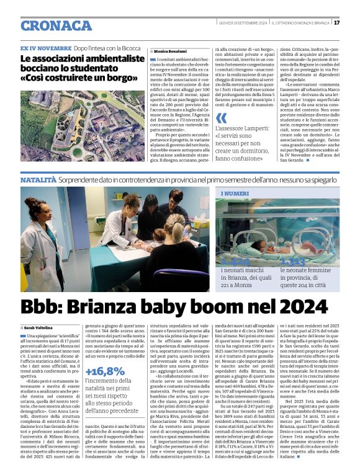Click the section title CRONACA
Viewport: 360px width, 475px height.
click(x=56, y=25)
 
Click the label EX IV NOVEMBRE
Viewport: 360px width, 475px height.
click(x=45, y=48)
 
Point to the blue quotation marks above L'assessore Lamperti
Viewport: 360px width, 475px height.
click(x=223, y=120)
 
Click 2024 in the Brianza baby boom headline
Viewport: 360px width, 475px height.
click(x=304, y=306)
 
